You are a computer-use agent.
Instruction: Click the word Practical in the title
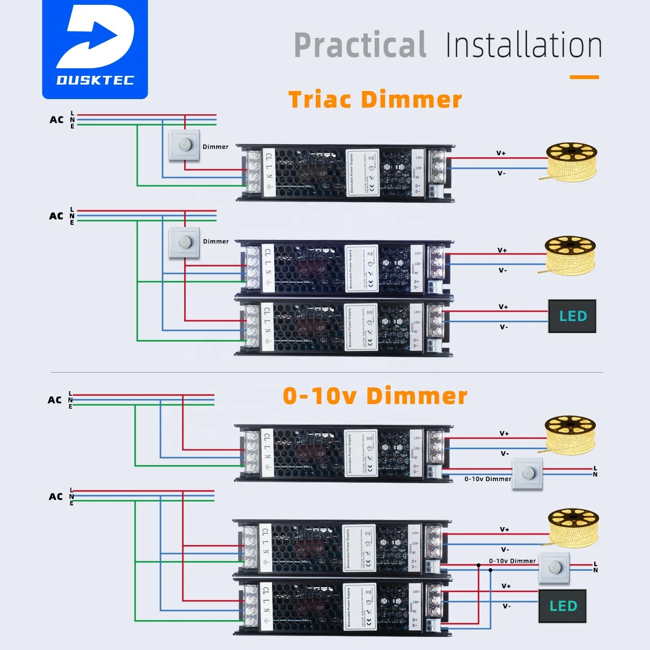click(x=360, y=45)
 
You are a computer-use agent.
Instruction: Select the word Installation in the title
click(x=524, y=45)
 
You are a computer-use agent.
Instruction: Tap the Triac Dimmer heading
click(x=375, y=100)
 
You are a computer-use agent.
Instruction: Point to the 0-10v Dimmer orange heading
click(x=375, y=396)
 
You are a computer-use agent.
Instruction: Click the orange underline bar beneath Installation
click(x=584, y=77)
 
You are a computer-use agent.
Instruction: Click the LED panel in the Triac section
click(x=572, y=316)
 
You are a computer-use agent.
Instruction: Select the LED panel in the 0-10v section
click(x=562, y=606)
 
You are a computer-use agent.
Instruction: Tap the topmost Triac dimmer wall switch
click(x=184, y=145)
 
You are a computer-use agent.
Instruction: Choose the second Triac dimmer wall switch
click(x=184, y=242)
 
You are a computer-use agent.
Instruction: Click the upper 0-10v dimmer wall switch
click(x=528, y=474)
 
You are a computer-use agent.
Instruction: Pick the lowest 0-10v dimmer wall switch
click(x=554, y=568)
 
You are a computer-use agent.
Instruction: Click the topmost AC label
click(x=56, y=120)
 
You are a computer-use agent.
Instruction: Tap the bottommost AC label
click(x=56, y=497)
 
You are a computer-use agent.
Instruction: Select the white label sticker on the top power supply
click(x=362, y=173)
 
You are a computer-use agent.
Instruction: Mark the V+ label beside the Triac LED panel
click(x=503, y=307)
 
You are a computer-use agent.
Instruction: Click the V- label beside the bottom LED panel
click(x=506, y=606)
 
